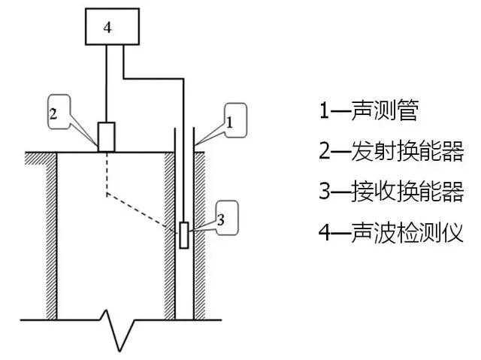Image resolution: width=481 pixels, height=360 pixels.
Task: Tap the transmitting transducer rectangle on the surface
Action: [107, 137]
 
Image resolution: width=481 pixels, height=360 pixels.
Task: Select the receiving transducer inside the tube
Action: [183, 234]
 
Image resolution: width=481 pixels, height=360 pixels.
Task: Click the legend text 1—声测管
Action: [368, 112]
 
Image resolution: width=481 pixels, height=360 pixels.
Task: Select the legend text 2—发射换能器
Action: [389, 153]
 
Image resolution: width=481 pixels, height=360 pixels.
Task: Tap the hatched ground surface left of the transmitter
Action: [60, 156]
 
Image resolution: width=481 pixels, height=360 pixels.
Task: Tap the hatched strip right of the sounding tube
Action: [201, 233]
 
